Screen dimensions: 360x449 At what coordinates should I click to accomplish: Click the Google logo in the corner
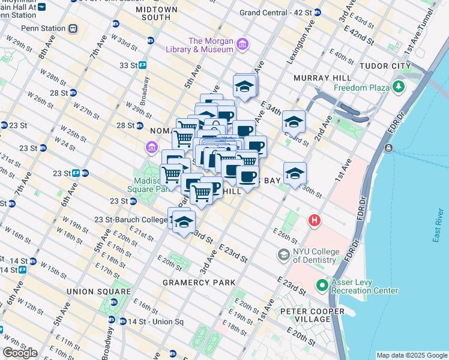point(20,353)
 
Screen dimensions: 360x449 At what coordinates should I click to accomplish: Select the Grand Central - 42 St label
point(276,12)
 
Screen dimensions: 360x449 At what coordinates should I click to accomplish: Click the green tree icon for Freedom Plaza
point(398,88)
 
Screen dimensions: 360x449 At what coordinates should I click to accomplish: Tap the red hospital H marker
point(314,221)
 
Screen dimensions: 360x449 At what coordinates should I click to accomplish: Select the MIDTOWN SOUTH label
point(157,14)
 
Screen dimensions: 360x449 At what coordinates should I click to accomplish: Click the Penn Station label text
point(43,28)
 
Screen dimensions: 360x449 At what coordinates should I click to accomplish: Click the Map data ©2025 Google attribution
point(412,355)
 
